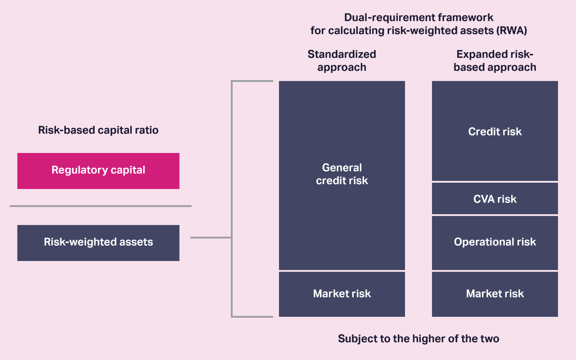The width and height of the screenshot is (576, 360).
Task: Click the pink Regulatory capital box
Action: [98, 171]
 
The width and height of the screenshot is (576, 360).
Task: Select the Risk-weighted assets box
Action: [98, 243]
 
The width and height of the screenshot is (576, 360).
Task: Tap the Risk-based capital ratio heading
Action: [98, 130]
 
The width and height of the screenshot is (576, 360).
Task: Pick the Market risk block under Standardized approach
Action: [342, 294]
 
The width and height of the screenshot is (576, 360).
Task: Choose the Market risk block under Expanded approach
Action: [495, 294]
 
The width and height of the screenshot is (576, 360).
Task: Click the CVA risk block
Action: [495, 199]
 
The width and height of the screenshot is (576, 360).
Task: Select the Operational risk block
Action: [495, 242]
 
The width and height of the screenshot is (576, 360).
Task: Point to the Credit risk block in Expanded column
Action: [495, 131]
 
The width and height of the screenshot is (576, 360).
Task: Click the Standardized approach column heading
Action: [342, 61]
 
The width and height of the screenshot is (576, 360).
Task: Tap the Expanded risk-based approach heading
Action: [495, 61]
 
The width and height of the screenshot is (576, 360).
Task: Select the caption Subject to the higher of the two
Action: [418, 339]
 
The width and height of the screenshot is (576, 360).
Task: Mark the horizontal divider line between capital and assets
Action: [100, 206]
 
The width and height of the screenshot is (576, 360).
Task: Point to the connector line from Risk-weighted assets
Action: [211, 237]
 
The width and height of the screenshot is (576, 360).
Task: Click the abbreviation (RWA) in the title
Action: [511, 31]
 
